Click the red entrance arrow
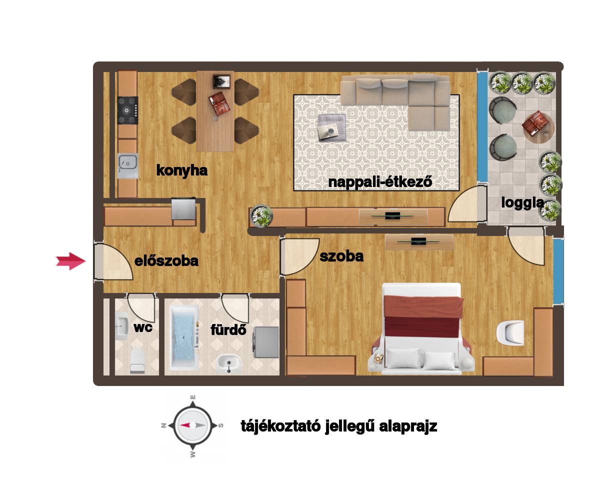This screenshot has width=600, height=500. tap(70, 261)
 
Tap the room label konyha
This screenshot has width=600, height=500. tap(181, 170)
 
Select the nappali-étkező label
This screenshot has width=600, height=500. tap(380, 182)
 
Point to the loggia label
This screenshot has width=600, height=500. tap(522, 203)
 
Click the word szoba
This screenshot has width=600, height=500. tap(341, 256)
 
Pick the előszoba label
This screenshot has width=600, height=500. tap(166, 261)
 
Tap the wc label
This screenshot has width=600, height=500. tap(143, 327)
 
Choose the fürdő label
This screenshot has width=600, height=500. tap(228, 329)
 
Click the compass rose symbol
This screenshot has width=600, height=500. tap(192, 425)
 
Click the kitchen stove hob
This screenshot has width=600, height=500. tap(127, 110)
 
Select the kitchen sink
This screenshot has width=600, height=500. tap(128, 166)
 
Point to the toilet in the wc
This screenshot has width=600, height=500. tap(137, 360)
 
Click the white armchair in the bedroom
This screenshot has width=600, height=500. tap(510, 332)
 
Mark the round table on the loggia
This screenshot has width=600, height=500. tap(538, 128)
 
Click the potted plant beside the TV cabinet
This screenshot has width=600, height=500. tap(261, 216)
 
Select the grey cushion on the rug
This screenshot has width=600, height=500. tap(331, 127)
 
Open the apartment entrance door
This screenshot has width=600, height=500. tap(113, 261)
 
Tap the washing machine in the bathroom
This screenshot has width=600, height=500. tap(266, 342)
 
